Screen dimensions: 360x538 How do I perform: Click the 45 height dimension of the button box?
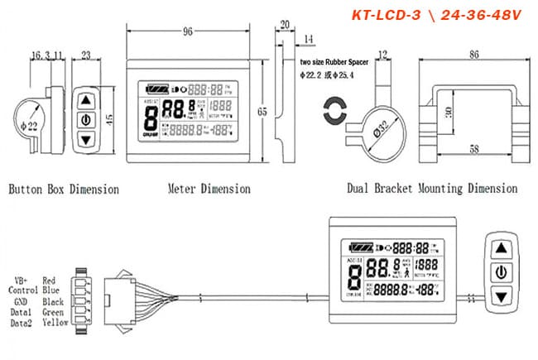[x=110, y=118]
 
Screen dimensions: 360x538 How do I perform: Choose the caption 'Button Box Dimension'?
[x=64, y=189]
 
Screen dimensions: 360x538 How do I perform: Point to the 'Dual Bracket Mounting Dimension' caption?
[x=433, y=189]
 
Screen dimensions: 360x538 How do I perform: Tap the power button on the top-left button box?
[x=84, y=119]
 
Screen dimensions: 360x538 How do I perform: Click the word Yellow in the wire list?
[x=54, y=322]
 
